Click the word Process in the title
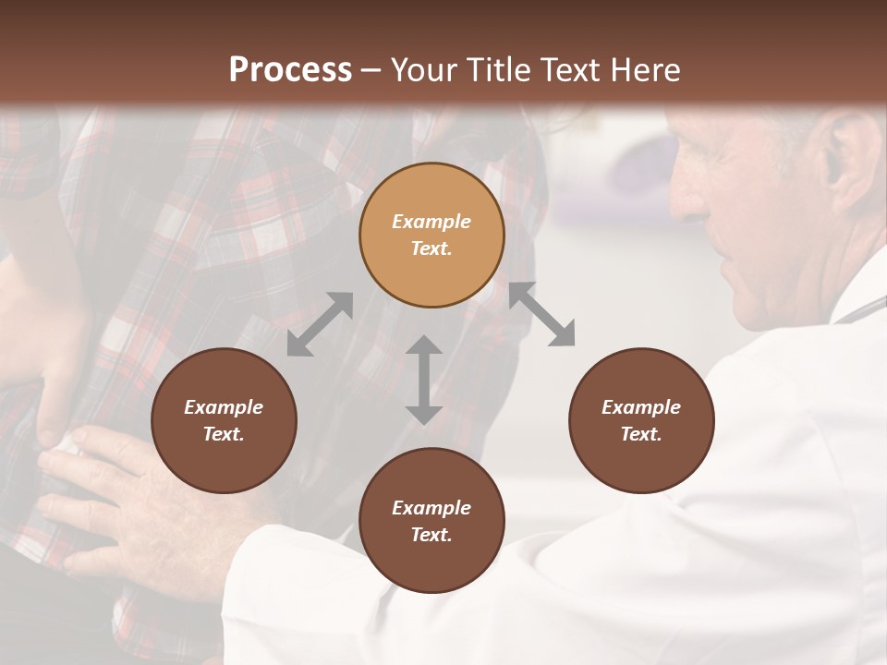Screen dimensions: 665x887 point(290,70)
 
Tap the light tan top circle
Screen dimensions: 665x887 point(431,236)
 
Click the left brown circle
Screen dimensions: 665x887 point(224,421)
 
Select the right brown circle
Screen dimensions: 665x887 point(641,421)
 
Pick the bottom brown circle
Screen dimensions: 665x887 point(431,521)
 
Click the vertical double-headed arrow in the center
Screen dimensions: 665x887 point(424,380)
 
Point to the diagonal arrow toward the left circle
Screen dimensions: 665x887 point(320,324)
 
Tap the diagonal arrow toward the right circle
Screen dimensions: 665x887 point(542,314)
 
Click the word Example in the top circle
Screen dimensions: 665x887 point(431,222)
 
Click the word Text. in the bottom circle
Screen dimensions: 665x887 point(431,535)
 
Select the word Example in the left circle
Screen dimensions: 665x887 point(224,407)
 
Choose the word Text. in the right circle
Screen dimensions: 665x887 point(641,434)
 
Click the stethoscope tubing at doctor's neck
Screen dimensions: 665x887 point(864,308)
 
